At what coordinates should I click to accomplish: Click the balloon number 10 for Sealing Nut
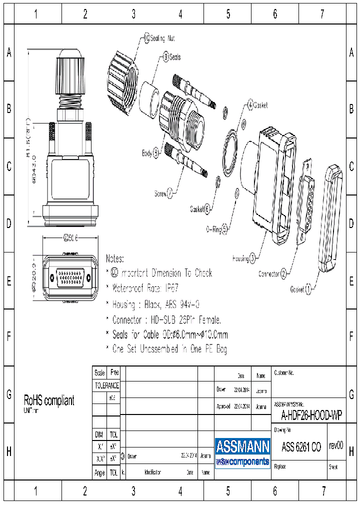pyautogui.click(x=147, y=38)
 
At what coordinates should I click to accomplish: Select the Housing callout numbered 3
pyautogui.click(x=244, y=258)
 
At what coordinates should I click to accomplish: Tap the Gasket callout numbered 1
pyautogui.click(x=301, y=288)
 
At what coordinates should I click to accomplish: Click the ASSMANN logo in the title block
pyautogui.click(x=242, y=452)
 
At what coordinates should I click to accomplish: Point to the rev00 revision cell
pyautogui.click(x=335, y=445)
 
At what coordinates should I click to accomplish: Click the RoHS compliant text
pyautogui.click(x=49, y=400)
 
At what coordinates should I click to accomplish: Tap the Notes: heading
pyautogui.click(x=114, y=258)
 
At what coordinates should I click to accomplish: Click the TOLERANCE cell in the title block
pyautogui.click(x=106, y=385)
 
